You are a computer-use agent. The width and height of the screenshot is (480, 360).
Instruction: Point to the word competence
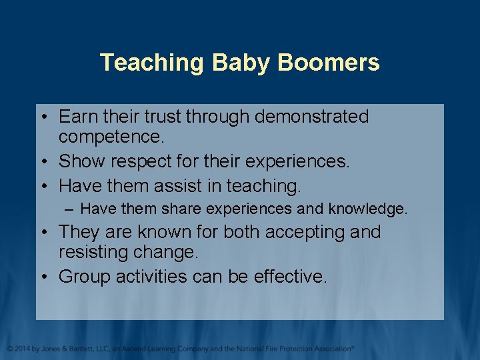pyautogui.click(x=112, y=137)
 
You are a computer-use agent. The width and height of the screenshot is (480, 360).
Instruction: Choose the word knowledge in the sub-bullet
pyautogui.click(x=367, y=209)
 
